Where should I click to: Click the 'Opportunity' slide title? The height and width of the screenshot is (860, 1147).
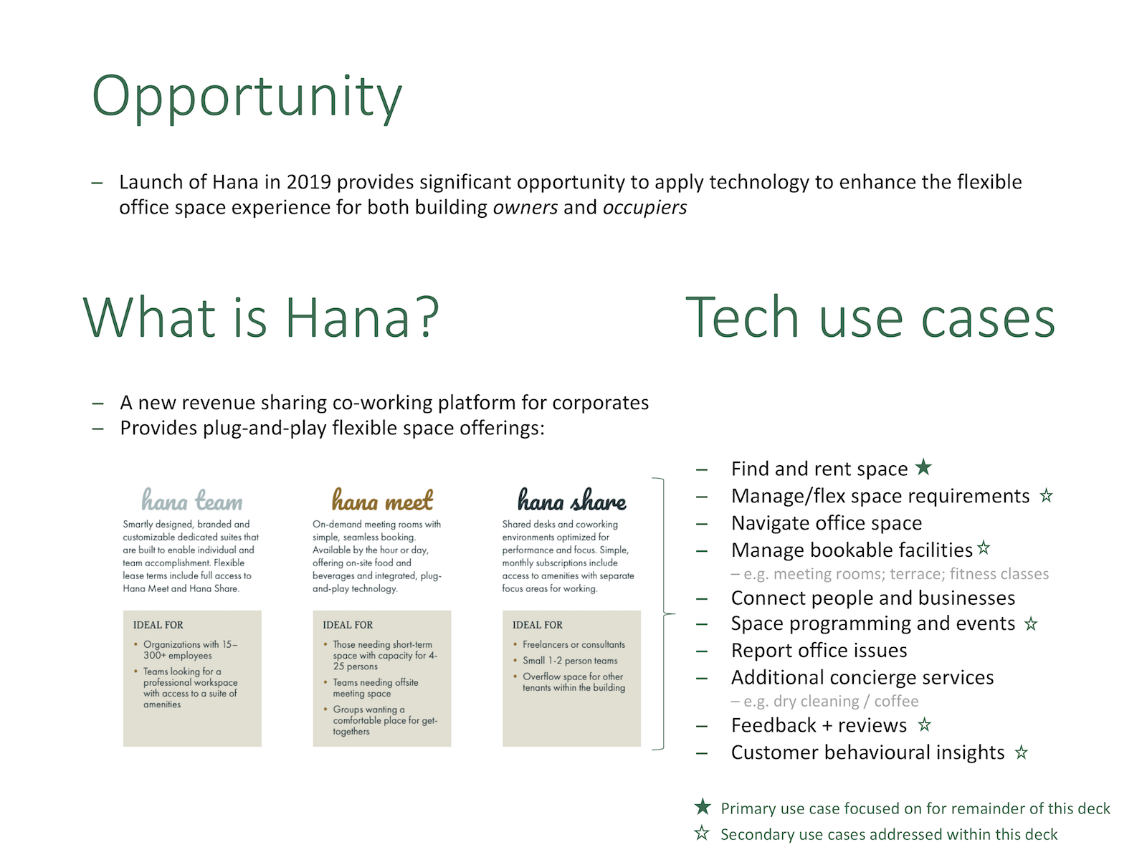(247, 97)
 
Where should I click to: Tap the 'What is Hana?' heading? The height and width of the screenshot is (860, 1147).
(261, 317)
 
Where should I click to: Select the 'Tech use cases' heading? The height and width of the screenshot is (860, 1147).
(870, 317)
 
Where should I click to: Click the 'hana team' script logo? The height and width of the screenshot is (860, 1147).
(192, 500)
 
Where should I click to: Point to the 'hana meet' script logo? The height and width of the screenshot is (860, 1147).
(382, 500)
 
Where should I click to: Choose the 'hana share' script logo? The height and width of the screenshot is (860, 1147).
(571, 500)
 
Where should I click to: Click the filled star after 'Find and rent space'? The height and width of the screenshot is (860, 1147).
(923, 467)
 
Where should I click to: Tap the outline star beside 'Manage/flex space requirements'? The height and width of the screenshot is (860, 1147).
(1046, 495)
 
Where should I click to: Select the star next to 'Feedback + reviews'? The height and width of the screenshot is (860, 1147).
(924, 725)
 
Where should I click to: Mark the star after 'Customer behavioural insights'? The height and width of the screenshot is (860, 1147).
(1021, 752)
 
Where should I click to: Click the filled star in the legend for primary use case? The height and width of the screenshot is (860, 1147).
(703, 807)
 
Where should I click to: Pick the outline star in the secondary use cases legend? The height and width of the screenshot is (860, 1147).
(702, 833)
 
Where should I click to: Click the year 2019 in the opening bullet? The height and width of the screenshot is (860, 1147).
(308, 182)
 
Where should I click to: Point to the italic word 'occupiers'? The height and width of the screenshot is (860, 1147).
(644, 207)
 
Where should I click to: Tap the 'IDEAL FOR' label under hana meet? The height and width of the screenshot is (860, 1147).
(348, 624)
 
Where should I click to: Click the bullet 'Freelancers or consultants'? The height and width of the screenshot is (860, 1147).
(573, 644)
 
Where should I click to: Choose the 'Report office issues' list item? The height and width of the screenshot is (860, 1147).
(819, 650)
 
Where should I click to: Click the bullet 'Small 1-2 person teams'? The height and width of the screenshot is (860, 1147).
(570, 661)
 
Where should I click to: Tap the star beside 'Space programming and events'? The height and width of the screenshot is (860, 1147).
(1030, 623)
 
